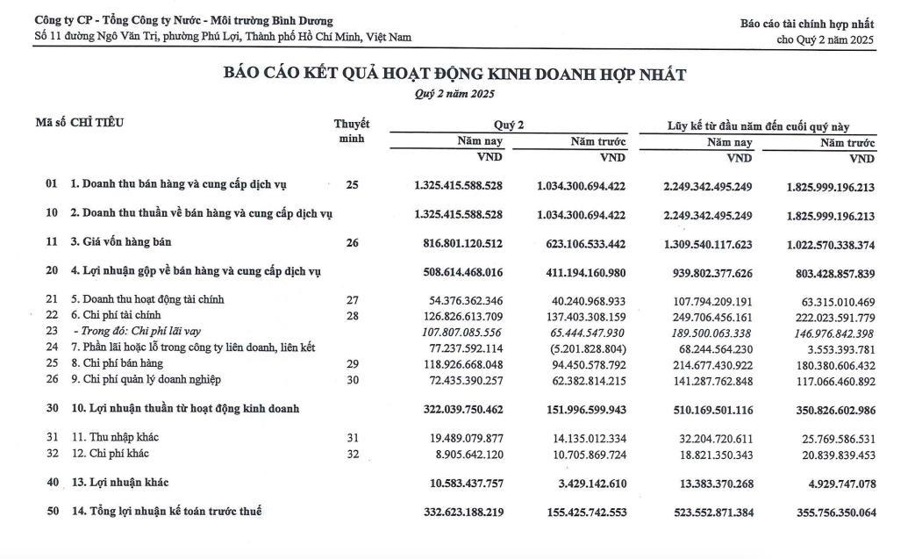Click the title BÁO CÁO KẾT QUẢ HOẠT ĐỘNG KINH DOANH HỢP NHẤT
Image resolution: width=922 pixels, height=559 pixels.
(x=455, y=75)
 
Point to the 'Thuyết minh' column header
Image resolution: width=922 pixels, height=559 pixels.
(x=352, y=131)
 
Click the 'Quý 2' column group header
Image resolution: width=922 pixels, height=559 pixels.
(x=509, y=125)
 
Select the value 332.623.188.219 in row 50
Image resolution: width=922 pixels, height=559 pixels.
(x=458, y=512)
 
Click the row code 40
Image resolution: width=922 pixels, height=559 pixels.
(x=52, y=482)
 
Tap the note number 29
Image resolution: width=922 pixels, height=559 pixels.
(x=353, y=363)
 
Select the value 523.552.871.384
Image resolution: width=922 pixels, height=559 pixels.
(x=708, y=512)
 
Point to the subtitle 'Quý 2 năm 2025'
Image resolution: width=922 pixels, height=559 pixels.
(x=454, y=94)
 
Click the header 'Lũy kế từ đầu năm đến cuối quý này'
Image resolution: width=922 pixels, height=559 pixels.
(x=758, y=126)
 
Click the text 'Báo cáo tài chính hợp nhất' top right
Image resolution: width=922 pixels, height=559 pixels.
(x=807, y=23)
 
